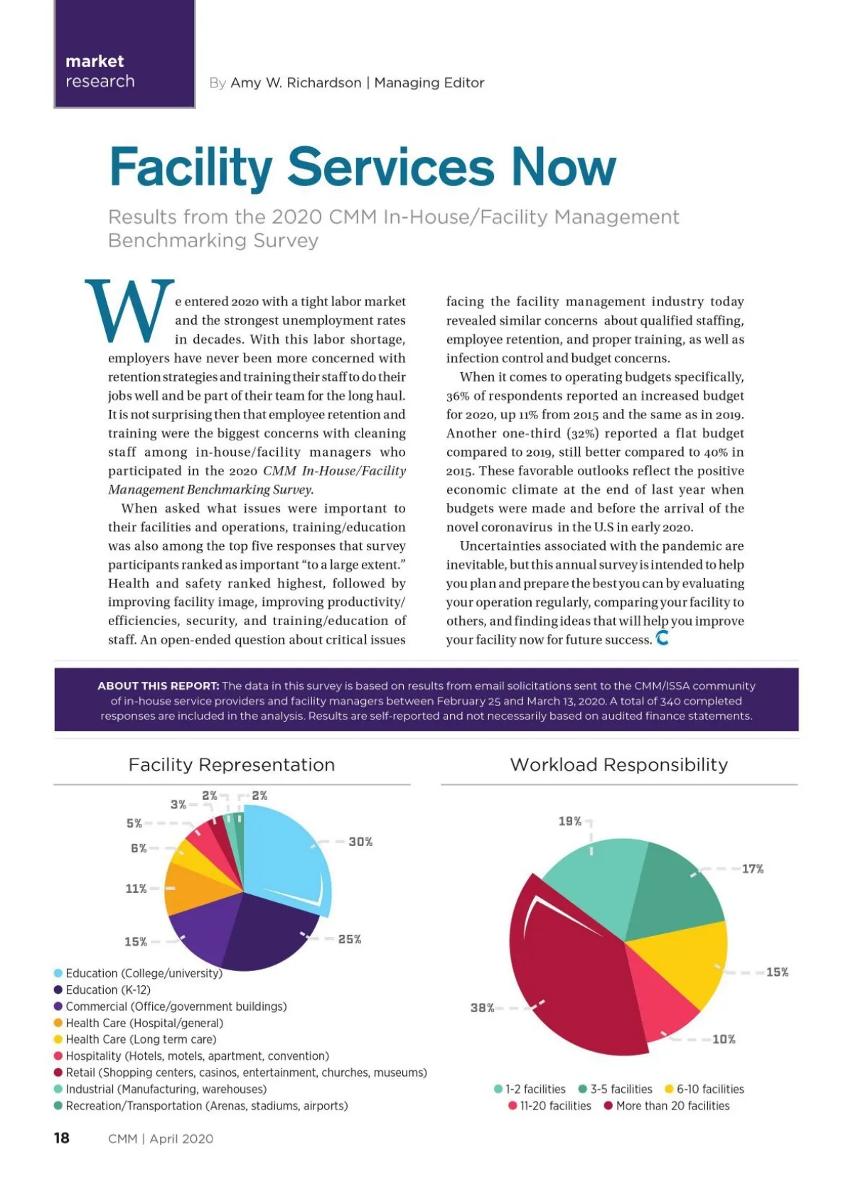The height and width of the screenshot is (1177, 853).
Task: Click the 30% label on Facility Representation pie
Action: tap(360, 842)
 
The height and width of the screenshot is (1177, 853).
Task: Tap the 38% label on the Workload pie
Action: tap(482, 1007)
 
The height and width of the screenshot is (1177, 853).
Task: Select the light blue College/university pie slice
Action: tap(284, 859)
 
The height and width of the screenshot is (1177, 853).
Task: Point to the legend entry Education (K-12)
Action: tap(108, 989)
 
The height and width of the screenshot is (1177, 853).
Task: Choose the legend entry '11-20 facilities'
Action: tap(555, 1106)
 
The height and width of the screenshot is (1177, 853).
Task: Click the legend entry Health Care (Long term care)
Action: tap(141, 1039)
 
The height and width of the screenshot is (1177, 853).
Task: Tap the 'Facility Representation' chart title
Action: tap(232, 764)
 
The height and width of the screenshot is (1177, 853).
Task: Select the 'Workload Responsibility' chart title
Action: tap(619, 764)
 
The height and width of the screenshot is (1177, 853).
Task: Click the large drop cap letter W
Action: tap(130, 311)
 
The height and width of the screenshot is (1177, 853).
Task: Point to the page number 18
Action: tap(62, 1138)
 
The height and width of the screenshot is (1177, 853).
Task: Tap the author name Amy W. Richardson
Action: tap(296, 83)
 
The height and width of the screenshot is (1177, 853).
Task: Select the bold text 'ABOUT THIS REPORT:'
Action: tap(158, 685)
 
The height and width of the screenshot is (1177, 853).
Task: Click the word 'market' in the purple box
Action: tap(95, 61)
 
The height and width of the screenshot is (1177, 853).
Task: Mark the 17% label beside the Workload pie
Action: tap(753, 869)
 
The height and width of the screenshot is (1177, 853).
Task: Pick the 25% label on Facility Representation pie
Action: tap(350, 939)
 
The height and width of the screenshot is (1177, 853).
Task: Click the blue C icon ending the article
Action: tap(662, 638)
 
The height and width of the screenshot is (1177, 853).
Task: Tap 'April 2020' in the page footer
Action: tap(181, 1139)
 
